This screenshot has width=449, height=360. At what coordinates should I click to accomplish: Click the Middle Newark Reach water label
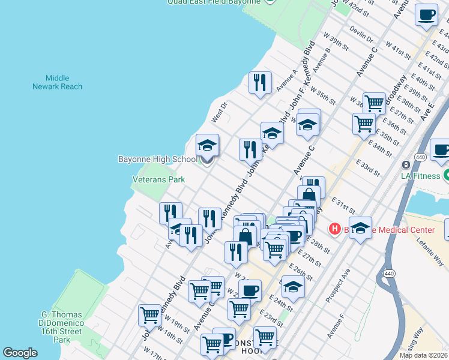pyautogui.click(x=57, y=82)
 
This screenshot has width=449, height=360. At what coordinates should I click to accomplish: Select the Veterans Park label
pyautogui.click(x=158, y=179)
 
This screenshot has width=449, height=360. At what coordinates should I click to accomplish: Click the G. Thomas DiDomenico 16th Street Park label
pyautogui.click(x=61, y=327)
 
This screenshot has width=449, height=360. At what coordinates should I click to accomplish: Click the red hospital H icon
pyautogui.click(x=334, y=229)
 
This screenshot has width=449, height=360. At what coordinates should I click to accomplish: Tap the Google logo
pyautogui.click(x=20, y=353)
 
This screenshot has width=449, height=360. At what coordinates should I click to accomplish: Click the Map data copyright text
pyautogui.click(x=423, y=355)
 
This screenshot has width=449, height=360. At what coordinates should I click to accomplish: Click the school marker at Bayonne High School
pyautogui.click(x=208, y=145)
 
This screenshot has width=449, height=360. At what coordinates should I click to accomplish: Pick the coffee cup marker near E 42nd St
pyautogui.click(x=426, y=15)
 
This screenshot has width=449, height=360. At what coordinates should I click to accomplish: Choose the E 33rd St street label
pyautogui.click(x=367, y=167)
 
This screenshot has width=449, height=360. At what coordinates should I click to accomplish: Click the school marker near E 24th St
pyautogui.click(x=293, y=287)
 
